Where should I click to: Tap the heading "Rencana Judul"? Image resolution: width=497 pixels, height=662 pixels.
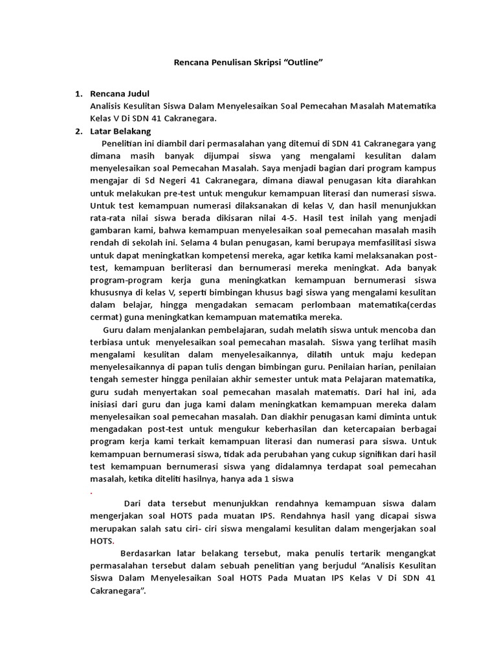coord(120,94)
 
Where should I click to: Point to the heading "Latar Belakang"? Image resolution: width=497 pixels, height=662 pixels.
coord(120,131)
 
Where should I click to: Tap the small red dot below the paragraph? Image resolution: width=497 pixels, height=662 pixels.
coord(91,493)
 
